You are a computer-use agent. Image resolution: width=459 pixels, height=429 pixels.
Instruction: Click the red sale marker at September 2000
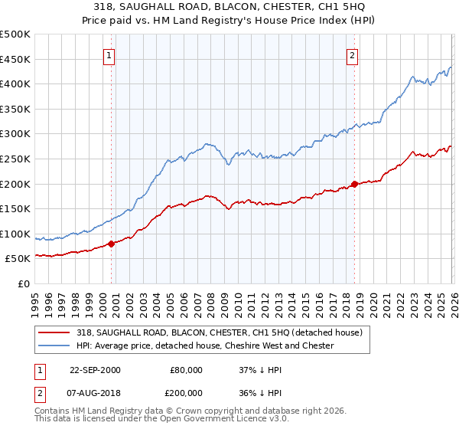111,244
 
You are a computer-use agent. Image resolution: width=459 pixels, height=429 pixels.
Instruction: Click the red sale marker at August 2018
354,184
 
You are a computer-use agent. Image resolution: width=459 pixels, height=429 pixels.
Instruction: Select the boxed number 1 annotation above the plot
109,55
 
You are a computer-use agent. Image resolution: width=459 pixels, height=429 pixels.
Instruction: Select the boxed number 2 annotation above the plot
352,55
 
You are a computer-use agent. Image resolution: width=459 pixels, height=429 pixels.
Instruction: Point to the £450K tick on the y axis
15,59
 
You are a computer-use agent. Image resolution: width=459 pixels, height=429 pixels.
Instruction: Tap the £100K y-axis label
15,234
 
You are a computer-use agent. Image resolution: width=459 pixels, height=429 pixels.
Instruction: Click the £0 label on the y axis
23,283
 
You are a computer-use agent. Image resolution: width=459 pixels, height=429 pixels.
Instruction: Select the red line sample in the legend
55,332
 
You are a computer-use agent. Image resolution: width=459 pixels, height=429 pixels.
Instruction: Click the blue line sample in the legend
55,345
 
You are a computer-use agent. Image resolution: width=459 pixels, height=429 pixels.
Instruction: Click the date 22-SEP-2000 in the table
95,369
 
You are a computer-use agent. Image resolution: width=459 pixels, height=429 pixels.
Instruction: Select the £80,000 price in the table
186,369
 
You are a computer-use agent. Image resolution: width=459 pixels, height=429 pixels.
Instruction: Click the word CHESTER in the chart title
290,7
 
